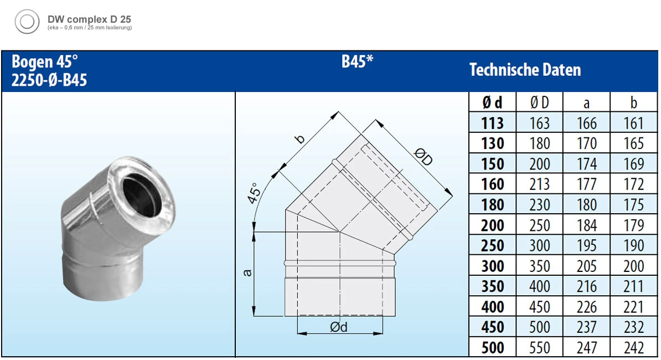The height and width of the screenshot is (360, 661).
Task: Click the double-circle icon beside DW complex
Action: pos(27,22)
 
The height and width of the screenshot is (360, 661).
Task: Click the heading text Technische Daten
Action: pos(525,70)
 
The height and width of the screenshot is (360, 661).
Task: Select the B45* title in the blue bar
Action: pos(357,61)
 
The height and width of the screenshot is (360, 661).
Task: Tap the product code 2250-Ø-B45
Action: pos(49,81)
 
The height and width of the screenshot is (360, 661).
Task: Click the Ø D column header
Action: pos(539,102)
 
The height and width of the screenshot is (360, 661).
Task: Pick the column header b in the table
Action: pos(633,102)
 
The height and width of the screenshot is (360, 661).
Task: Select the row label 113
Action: pos(493,123)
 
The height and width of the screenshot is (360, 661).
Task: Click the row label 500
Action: pos(493,347)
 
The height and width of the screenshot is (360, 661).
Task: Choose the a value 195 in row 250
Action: pos(586,245)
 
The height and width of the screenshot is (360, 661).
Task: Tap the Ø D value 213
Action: pos(539,184)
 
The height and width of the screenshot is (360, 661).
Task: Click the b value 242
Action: pos(633,347)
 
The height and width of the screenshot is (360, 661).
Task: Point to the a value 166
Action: pos(586,123)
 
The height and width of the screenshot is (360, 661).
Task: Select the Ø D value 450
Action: pos(539,307)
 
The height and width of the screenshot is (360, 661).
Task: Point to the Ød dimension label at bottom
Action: pos(338,327)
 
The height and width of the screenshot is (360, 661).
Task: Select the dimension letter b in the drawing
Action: pos(300,138)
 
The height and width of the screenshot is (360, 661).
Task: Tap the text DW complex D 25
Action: pos(89,19)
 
